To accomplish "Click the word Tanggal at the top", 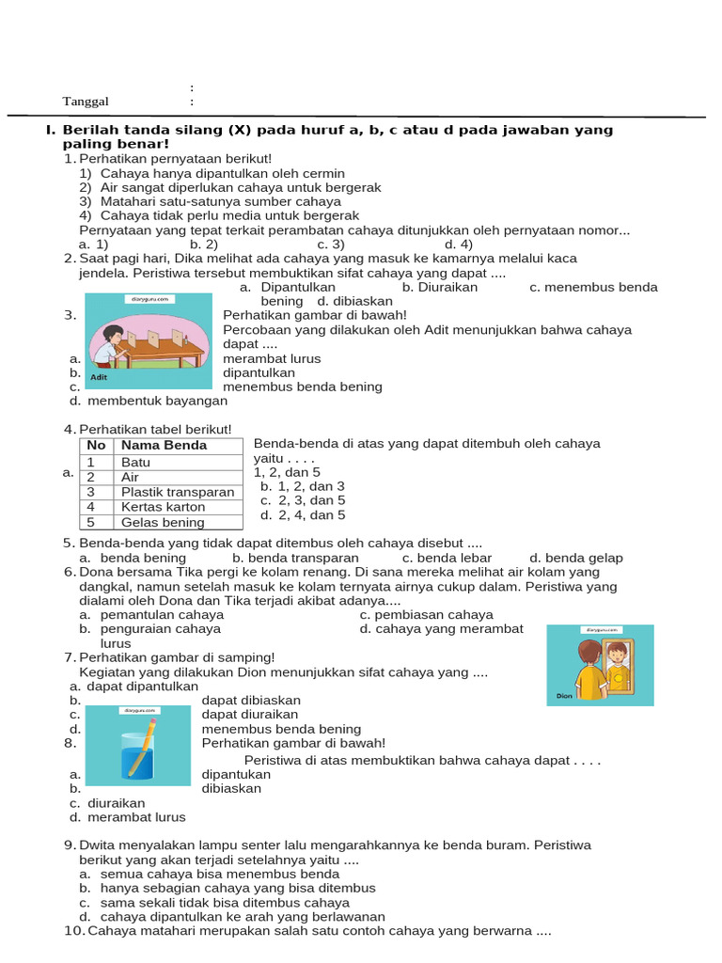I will click(86, 102).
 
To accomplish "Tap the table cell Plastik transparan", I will click(178, 492).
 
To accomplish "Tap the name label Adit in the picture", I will click(100, 377).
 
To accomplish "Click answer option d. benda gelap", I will click(575, 558).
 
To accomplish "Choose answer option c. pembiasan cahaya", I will click(426, 614).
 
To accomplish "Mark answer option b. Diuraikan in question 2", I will click(439, 287).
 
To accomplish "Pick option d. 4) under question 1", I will click(458, 245).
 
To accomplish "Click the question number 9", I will click(70, 845).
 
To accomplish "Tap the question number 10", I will click(73, 931).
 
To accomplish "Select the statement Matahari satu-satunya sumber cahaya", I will click(220, 201).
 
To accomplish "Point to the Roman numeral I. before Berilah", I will click(50, 130).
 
